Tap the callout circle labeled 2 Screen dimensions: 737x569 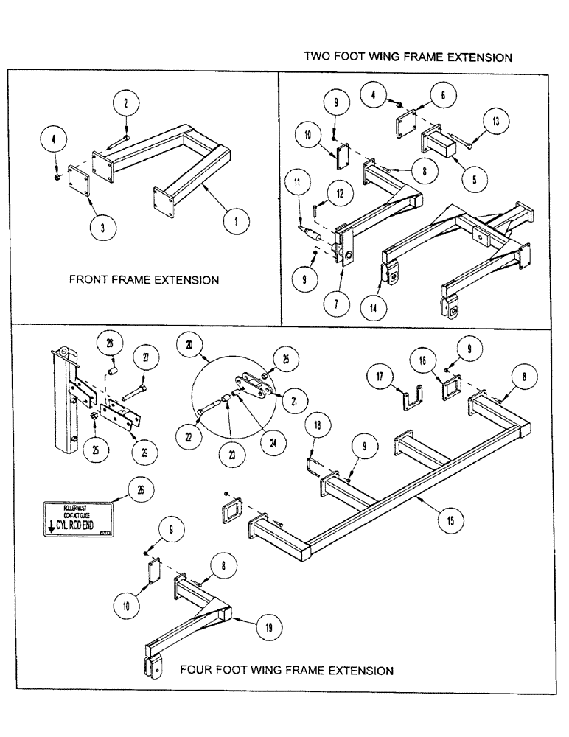pyautogui.click(x=126, y=104)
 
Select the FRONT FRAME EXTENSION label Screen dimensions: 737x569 pyautogui.click(x=144, y=280)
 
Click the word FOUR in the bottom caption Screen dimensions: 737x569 pyautogui.click(x=195, y=671)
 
